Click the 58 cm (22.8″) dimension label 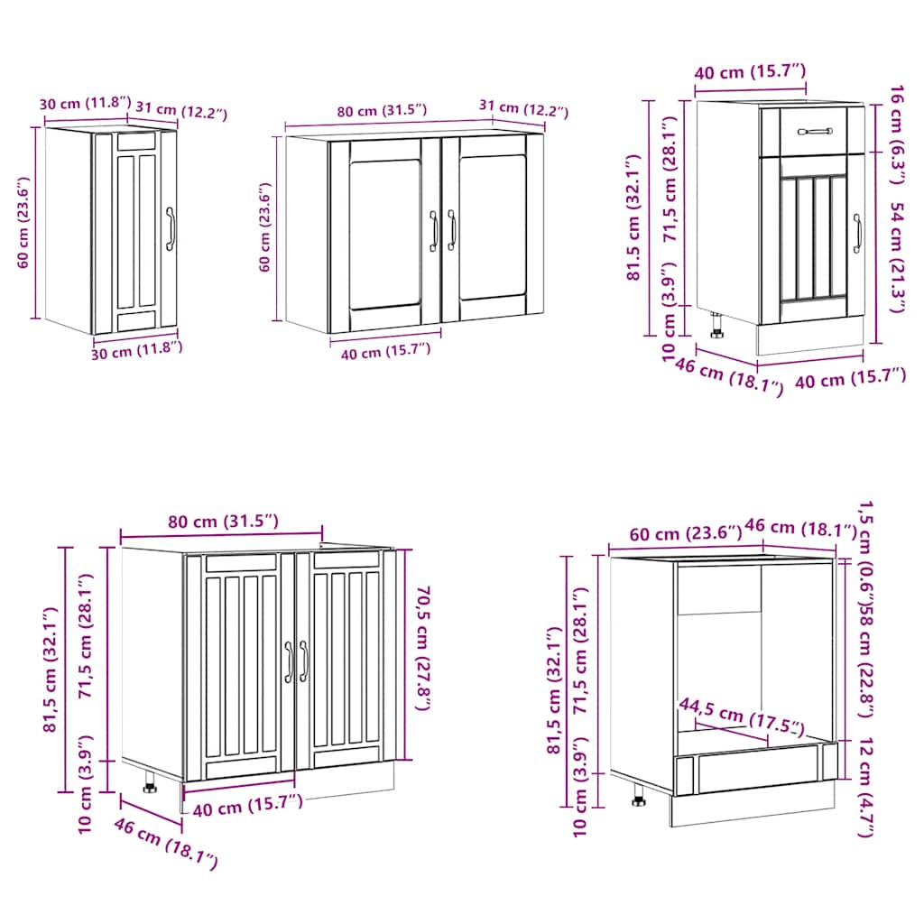(x=866, y=660)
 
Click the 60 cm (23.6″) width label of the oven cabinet (x=675, y=533)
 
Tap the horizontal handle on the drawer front (x=816, y=132)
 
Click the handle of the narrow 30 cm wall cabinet (x=169, y=228)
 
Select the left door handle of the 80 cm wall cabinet (x=434, y=231)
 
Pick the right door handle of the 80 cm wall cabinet (x=451, y=231)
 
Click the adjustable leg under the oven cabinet (x=639, y=795)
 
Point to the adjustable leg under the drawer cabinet (x=717, y=326)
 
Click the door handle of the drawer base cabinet (x=857, y=234)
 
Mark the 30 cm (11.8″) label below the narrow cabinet (x=137, y=350)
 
